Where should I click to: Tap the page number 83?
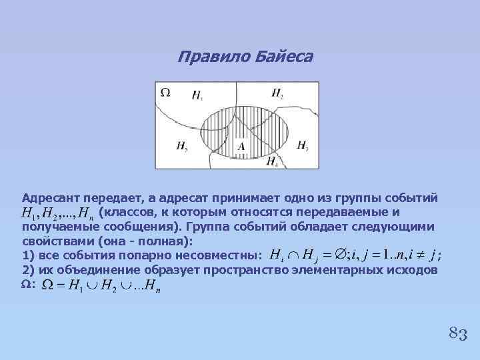pyautogui.click(x=457, y=333)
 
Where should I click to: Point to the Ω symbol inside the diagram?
pyautogui.click(x=165, y=92)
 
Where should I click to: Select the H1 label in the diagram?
pyautogui.click(x=197, y=96)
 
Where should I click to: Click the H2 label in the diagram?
pyautogui.click(x=277, y=93)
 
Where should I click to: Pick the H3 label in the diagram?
pyautogui.click(x=302, y=145)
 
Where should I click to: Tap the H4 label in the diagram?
pyautogui.click(x=273, y=161)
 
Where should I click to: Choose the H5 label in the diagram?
pyautogui.click(x=182, y=146)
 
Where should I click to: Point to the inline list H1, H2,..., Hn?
pyautogui.click(x=57, y=213)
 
